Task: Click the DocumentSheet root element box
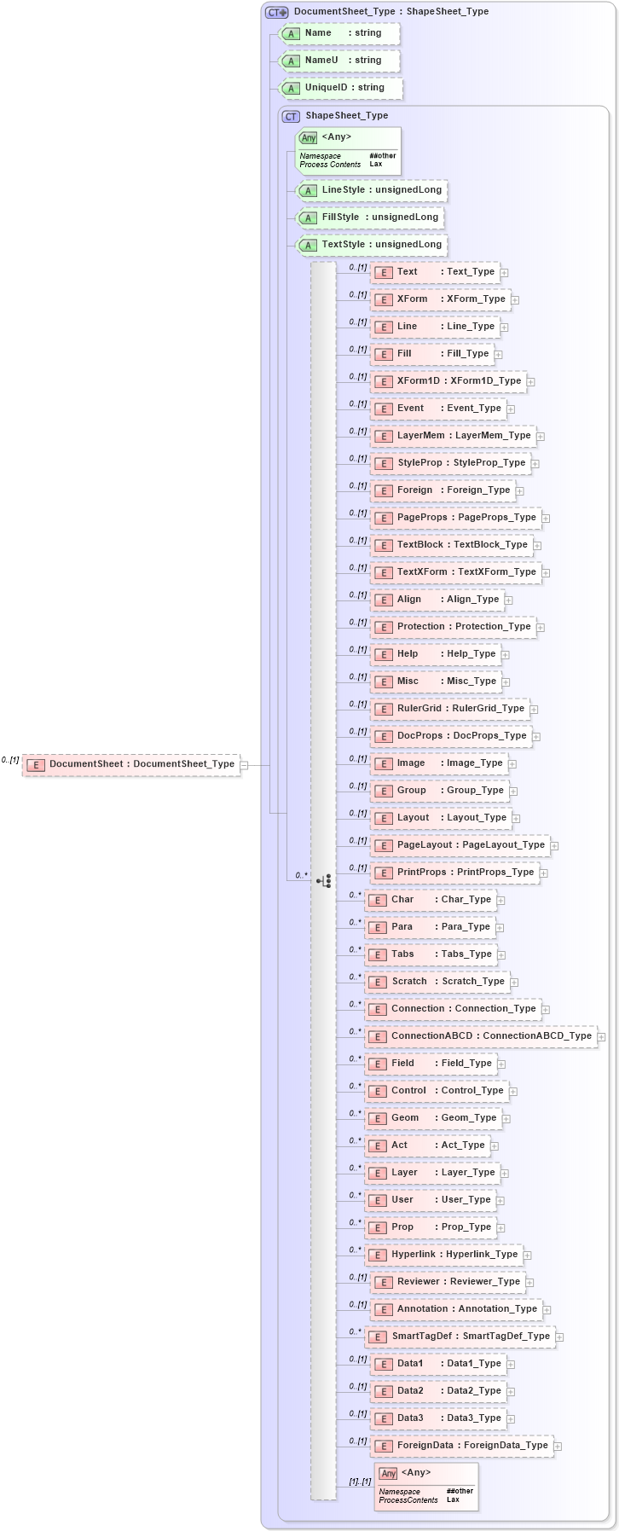click(131, 764)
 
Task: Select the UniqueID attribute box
click(341, 88)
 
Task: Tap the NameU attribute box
click(339, 61)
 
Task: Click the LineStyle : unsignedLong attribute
click(372, 190)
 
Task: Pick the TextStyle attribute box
click(372, 245)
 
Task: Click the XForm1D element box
click(448, 381)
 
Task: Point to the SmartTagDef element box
click(460, 1337)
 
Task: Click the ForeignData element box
click(462, 1446)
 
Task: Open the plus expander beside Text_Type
click(505, 273)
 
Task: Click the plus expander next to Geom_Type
click(506, 1119)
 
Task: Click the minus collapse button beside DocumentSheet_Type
click(245, 765)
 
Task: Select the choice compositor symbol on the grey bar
click(324, 880)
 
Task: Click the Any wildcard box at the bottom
click(426, 1487)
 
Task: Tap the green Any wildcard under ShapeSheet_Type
click(348, 151)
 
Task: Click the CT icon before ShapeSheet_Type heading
click(291, 116)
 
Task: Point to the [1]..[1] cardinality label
click(359, 1482)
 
